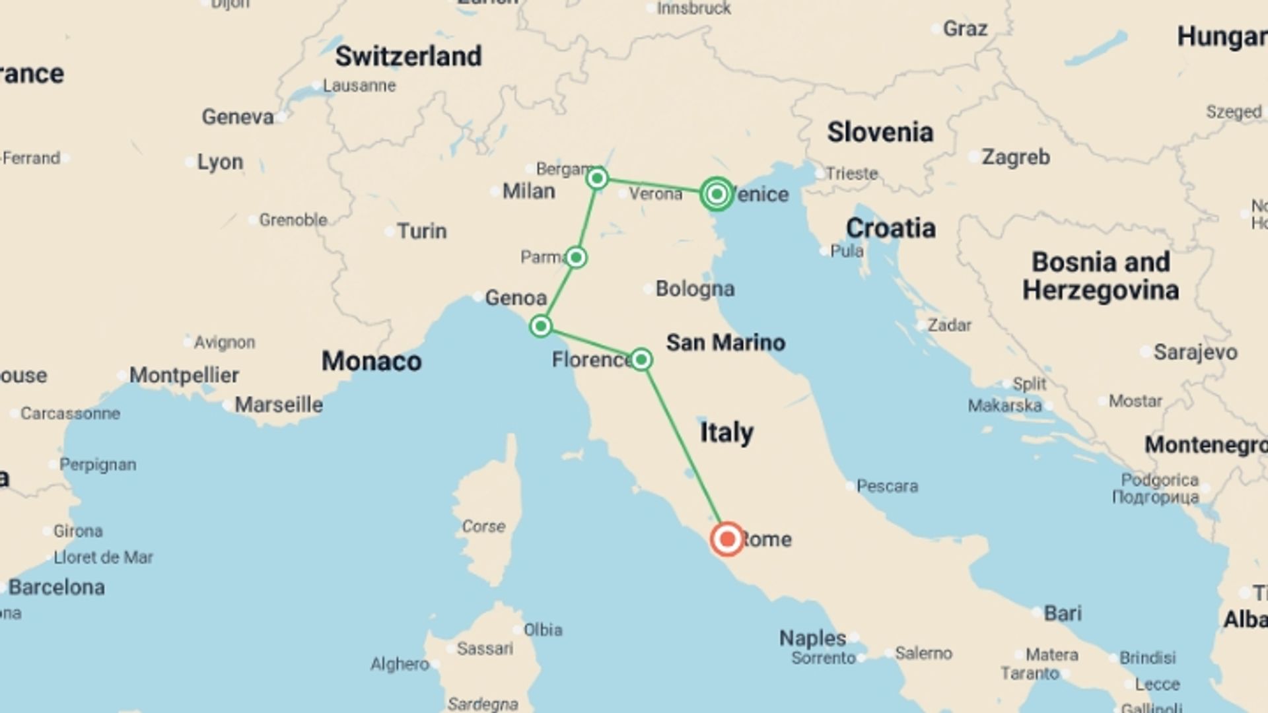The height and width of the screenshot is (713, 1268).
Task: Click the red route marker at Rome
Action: click(x=727, y=539)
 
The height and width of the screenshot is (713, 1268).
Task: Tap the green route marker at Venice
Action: click(x=717, y=194)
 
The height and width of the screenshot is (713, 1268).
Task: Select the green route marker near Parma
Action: click(x=576, y=257)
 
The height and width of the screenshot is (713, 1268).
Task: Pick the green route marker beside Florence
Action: click(x=641, y=359)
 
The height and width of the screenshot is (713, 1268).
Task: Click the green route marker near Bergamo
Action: click(x=597, y=178)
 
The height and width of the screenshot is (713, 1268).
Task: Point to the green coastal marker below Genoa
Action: click(x=541, y=325)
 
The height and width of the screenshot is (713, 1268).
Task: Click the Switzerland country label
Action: click(x=408, y=56)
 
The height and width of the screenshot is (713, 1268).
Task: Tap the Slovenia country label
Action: click(x=880, y=132)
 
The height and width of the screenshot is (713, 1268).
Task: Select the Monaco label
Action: click(x=371, y=361)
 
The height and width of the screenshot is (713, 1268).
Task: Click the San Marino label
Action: click(x=725, y=342)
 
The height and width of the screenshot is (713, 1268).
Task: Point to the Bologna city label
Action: click(x=695, y=289)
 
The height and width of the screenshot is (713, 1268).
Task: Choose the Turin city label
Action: click(x=421, y=231)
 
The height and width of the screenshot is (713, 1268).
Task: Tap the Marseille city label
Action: click(x=279, y=404)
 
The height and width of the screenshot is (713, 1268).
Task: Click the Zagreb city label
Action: click(x=1015, y=157)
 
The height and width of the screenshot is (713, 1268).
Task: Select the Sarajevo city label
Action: click(x=1195, y=352)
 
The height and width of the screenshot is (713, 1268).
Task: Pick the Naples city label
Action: click(x=812, y=638)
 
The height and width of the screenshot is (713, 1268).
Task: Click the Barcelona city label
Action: click(x=57, y=587)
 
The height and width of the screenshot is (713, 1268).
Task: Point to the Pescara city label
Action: click(x=887, y=486)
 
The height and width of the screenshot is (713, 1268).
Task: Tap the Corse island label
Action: click(x=483, y=526)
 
